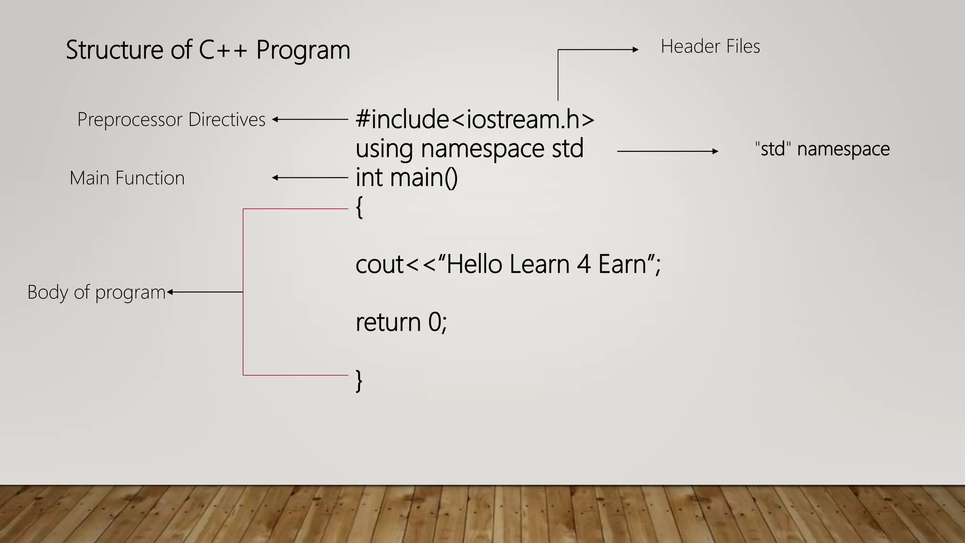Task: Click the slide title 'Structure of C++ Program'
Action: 208,50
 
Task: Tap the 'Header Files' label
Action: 710,47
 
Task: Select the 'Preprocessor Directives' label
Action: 171,120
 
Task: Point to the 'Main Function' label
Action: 127,178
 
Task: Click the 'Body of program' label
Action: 96,292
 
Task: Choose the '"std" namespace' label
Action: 822,149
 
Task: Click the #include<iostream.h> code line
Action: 474,119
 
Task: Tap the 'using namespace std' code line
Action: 469,148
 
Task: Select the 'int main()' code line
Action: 406,178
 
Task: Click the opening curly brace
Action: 360,207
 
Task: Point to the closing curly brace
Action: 359,381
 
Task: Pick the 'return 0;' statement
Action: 401,322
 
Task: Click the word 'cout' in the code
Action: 379,264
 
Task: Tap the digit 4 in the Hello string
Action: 584,264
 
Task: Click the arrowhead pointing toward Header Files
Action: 636,49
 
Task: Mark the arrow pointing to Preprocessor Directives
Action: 310,120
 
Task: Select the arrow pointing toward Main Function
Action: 310,178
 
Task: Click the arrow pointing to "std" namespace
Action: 668,151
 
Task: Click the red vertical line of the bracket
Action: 243,292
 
